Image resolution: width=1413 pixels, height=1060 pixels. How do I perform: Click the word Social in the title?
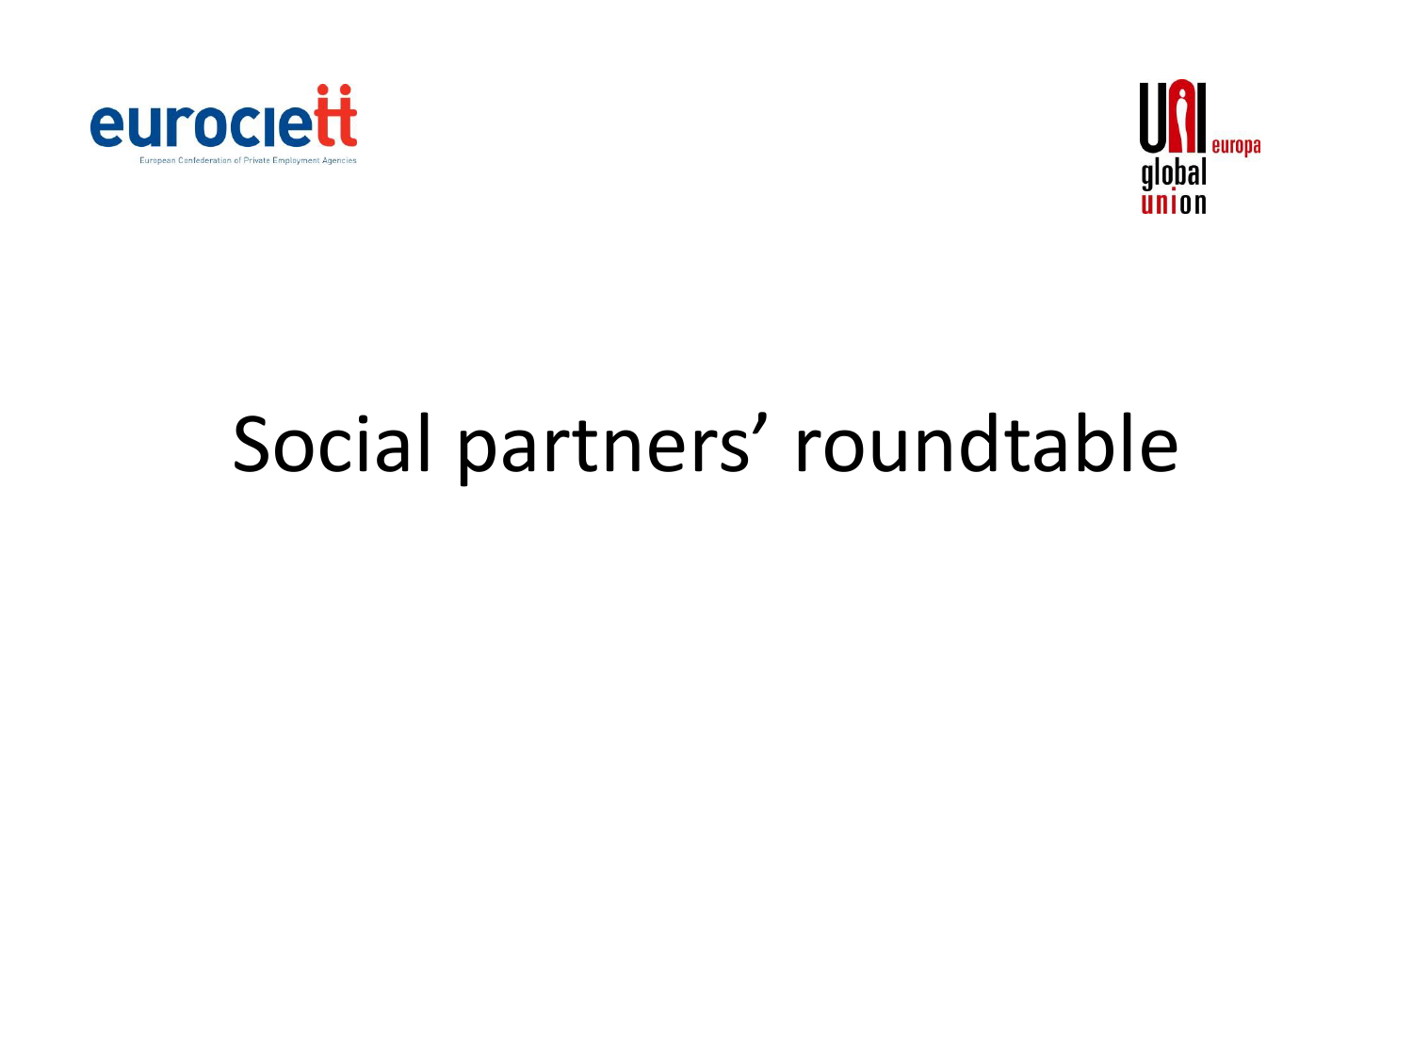331,444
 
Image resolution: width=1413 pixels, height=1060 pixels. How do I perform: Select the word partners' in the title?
612,448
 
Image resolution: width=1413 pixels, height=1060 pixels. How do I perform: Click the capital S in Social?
251,444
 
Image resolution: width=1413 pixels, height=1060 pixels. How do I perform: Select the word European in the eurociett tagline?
157,160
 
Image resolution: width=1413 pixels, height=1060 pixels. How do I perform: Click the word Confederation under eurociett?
204,160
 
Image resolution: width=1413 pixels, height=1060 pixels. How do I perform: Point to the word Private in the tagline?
256,160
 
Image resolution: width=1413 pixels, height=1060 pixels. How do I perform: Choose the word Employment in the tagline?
296,160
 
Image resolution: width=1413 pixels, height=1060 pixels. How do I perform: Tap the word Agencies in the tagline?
339,160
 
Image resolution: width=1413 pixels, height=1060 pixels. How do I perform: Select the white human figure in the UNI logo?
1181,117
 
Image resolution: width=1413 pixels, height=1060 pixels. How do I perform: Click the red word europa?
1236,147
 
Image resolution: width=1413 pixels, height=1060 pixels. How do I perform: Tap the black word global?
1173,174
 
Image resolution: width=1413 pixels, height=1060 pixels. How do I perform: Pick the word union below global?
1173,203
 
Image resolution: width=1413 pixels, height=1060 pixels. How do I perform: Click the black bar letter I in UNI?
1200,117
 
